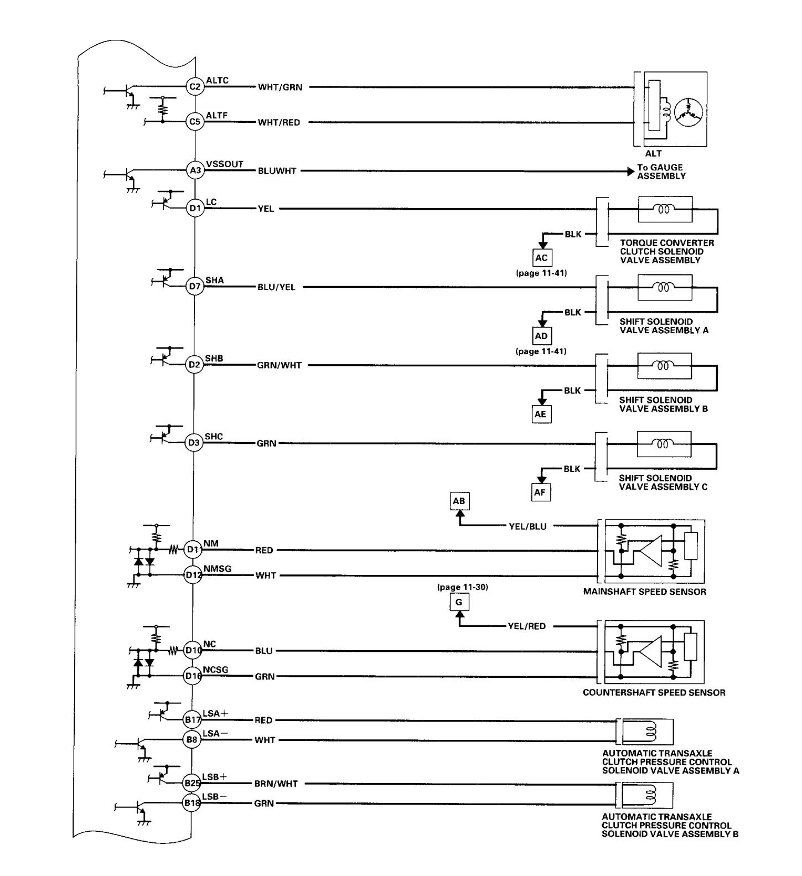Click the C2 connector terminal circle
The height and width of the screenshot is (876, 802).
click(x=194, y=86)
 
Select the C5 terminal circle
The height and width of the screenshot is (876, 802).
click(x=194, y=121)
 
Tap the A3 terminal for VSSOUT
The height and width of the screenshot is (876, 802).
click(x=195, y=171)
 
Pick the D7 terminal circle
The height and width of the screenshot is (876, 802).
click(x=194, y=287)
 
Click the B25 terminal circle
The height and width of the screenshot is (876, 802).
click(x=192, y=783)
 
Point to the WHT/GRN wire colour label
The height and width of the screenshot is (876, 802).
click(x=280, y=87)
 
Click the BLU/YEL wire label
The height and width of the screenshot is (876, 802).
click(x=276, y=288)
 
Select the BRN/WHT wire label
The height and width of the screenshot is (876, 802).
click(x=276, y=784)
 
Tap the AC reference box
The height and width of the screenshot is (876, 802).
click(x=541, y=257)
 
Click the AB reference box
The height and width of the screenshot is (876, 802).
click(x=459, y=501)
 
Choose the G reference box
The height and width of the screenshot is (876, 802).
click(x=459, y=602)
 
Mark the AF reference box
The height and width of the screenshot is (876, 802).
click(x=541, y=492)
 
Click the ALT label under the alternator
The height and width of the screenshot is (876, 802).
click(x=653, y=153)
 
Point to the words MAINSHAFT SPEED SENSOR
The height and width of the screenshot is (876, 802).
click(x=645, y=592)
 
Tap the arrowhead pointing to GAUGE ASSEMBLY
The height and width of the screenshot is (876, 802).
click(x=631, y=171)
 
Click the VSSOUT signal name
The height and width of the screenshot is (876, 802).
click(x=224, y=164)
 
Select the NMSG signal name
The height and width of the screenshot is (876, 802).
click(x=218, y=568)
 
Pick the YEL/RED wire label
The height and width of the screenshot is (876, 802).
click(x=527, y=626)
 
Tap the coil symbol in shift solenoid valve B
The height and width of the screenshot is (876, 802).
click(x=661, y=365)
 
